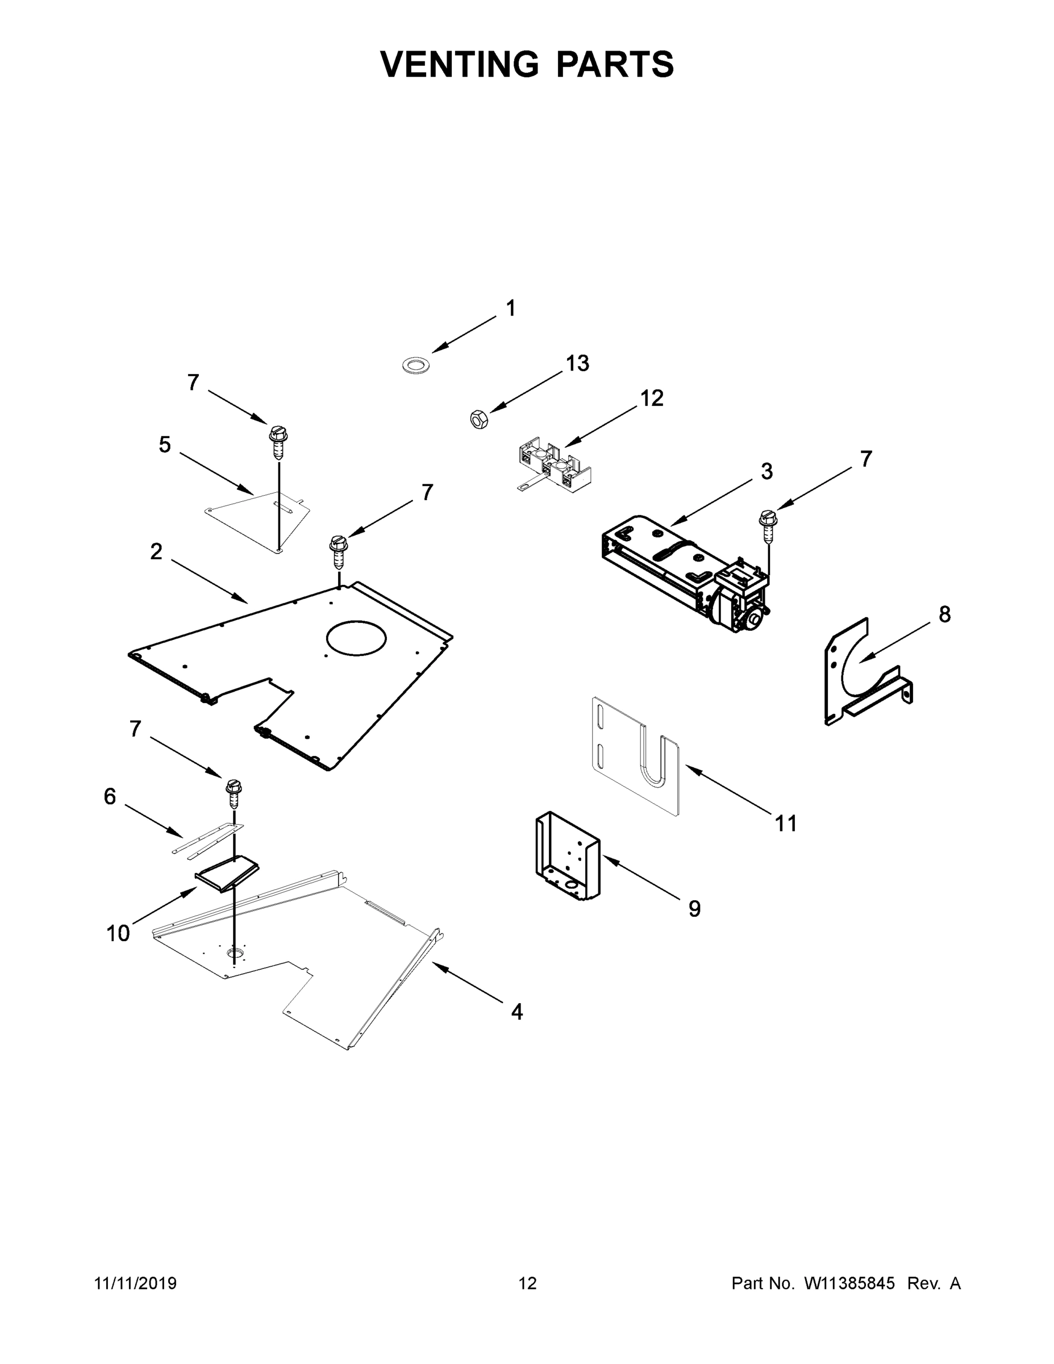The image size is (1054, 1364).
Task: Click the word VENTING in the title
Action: point(460,64)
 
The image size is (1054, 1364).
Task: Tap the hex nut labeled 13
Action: point(479,419)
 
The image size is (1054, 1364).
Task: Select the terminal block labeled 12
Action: point(547,464)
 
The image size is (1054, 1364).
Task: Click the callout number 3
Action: point(766,472)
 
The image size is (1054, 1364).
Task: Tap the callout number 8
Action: point(944,614)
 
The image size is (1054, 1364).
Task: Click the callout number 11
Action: point(785,823)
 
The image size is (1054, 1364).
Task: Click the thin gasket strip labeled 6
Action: point(208,839)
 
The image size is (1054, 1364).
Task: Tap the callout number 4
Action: point(516,1012)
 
